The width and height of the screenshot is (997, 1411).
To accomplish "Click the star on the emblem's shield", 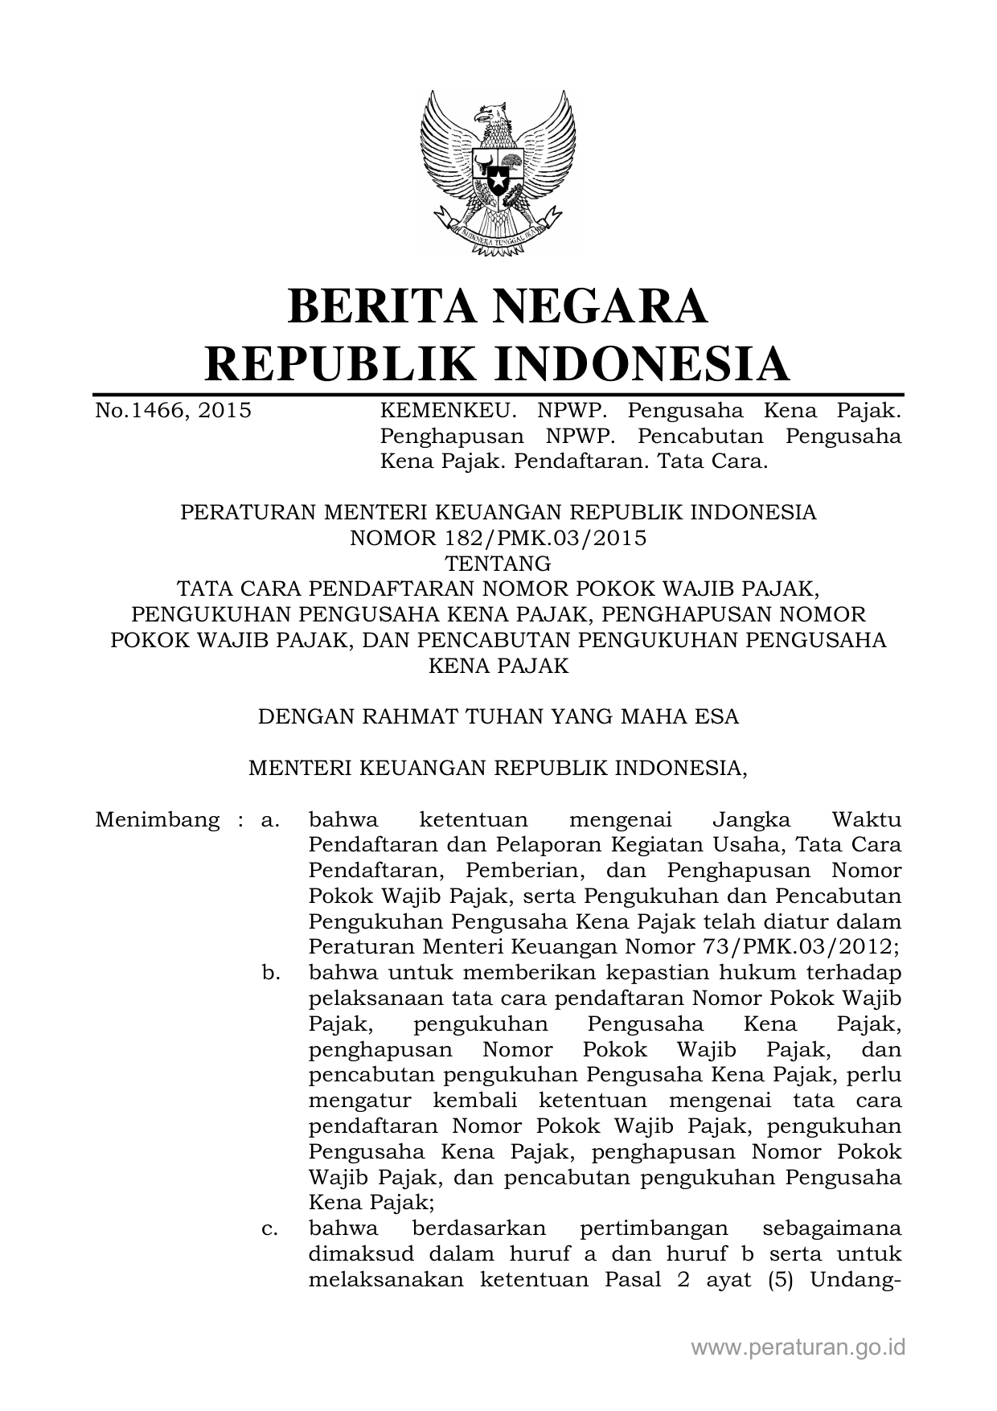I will click(498, 172).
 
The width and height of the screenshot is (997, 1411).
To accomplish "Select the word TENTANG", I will click(498, 563).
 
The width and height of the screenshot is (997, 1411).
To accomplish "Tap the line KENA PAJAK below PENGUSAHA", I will click(498, 666).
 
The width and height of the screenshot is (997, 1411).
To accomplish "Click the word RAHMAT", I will click(416, 716).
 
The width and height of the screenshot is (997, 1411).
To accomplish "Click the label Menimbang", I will click(157, 820).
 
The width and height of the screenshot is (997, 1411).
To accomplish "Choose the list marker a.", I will click(270, 820).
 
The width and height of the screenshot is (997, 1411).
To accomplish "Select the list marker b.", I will click(271, 973).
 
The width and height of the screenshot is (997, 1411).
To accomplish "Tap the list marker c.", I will click(271, 1229).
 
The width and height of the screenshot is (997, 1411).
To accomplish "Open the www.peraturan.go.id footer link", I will click(798, 1347).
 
